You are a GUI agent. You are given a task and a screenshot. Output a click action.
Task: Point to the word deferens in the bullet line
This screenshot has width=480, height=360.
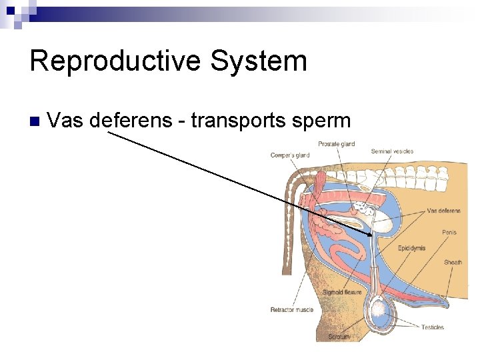pyautogui.click(x=136, y=121)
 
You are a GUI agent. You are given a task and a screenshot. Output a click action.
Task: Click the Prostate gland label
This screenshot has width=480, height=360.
pyautogui.click(x=336, y=144)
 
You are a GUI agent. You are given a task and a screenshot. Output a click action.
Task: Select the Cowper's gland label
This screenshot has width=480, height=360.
pyautogui.click(x=290, y=156)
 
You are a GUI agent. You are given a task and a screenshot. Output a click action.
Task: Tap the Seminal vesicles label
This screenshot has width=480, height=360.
pyautogui.click(x=392, y=151)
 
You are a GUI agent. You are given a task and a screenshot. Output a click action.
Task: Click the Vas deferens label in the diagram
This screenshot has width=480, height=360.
pyautogui.click(x=443, y=211)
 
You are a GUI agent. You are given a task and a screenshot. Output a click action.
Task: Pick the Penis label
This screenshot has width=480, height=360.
pyautogui.click(x=449, y=233)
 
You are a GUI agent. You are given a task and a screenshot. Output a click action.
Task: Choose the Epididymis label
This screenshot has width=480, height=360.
pyautogui.click(x=411, y=249)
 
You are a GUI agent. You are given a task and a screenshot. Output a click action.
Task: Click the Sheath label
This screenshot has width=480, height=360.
pyautogui.click(x=453, y=263)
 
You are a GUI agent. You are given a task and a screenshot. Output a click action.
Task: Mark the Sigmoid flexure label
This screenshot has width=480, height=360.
pyautogui.click(x=342, y=293)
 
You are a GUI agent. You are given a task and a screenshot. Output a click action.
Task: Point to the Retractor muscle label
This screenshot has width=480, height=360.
pyautogui.click(x=291, y=310)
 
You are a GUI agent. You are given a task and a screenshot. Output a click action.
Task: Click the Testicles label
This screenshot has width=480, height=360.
pyautogui.click(x=432, y=327)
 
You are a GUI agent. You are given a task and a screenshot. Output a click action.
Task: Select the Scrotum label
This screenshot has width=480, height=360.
pyautogui.click(x=338, y=337)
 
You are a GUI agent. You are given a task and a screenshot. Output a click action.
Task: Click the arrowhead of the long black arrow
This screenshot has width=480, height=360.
pyautogui.click(x=371, y=235)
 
